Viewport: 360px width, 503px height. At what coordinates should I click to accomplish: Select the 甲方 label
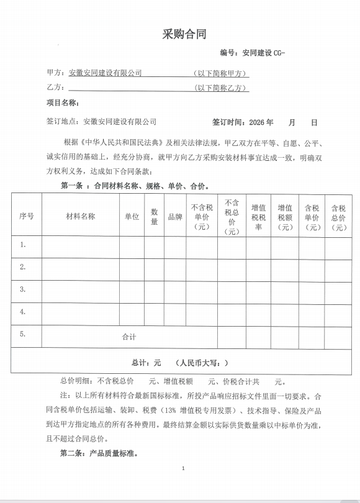tap(55, 73)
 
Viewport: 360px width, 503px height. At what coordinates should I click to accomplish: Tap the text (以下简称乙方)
tap(221, 88)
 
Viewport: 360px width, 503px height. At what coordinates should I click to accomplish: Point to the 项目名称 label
tap(61, 102)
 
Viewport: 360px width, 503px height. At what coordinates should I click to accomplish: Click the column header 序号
tap(26, 216)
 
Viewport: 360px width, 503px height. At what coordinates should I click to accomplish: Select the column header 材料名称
tap(80, 216)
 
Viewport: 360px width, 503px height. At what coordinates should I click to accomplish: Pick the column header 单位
tap(132, 216)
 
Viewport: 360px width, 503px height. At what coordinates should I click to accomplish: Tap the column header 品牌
tap(174, 217)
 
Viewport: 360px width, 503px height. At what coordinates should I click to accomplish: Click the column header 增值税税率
tap(258, 217)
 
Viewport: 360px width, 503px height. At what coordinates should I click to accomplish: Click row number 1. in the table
tap(23, 245)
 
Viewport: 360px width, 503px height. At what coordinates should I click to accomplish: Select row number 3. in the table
tap(23, 289)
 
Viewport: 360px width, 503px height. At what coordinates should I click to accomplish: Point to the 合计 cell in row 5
tap(128, 337)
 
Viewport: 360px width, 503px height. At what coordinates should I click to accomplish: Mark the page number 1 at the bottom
tap(184, 486)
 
